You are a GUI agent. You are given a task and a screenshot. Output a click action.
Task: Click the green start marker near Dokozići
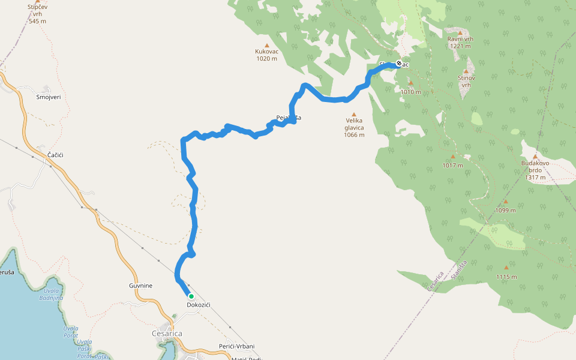[x=191, y=296]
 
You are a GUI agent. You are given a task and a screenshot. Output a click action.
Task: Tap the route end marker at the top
[x=399, y=62]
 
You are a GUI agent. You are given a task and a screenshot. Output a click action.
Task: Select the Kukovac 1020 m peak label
[x=266, y=55]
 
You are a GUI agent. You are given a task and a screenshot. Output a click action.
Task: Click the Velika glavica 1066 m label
[x=354, y=127]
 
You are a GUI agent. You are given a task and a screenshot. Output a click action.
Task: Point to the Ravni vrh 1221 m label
[x=460, y=42]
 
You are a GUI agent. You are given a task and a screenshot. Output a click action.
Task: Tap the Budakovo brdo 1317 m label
[x=535, y=170]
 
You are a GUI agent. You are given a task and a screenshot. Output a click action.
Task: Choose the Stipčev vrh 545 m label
[x=37, y=14]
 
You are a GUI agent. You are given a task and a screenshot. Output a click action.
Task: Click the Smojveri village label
[x=49, y=97]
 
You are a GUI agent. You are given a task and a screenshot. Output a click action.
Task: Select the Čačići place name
[x=55, y=155]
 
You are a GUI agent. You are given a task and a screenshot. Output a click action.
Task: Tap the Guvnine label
[x=140, y=286]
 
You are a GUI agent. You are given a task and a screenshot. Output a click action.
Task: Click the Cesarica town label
[x=167, y=334]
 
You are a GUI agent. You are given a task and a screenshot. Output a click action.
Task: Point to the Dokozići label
[x=198, y=305]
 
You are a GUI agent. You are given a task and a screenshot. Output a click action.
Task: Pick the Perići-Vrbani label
[x=236, y=346]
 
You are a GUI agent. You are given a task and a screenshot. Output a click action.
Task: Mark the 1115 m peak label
[x=506, y=277]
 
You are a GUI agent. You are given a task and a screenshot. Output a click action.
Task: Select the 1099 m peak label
[x=505, y=210]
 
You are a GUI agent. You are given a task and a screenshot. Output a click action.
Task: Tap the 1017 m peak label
[x=452, y=165]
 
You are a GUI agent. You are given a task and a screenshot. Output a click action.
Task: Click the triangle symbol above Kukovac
[x=266, y=45]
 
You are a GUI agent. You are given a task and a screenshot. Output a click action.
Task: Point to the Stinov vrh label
[x=466, y=81]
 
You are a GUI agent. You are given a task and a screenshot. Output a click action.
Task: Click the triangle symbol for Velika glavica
[x=354, y=114]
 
